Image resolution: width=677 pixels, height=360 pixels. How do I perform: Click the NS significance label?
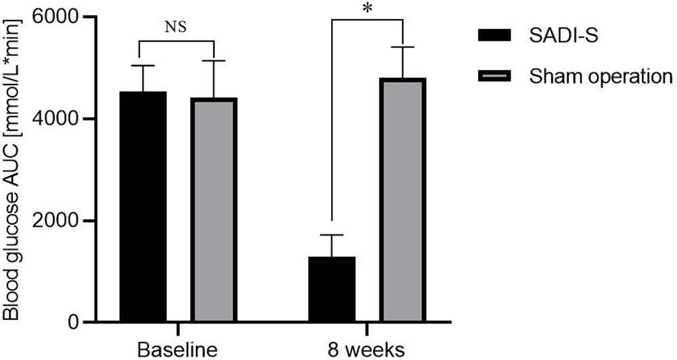(x=176, y=28)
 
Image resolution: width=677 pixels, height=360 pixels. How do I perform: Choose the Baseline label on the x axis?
(x=177, y=349)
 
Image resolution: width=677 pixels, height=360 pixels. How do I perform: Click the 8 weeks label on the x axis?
(x=367, y=349)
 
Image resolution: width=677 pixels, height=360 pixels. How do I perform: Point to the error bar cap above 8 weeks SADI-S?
(x=332, y=235)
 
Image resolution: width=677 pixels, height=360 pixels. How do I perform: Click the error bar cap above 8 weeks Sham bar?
(x=402, y=47)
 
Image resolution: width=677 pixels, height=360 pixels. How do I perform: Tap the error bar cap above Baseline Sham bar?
(x=214, y=61)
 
